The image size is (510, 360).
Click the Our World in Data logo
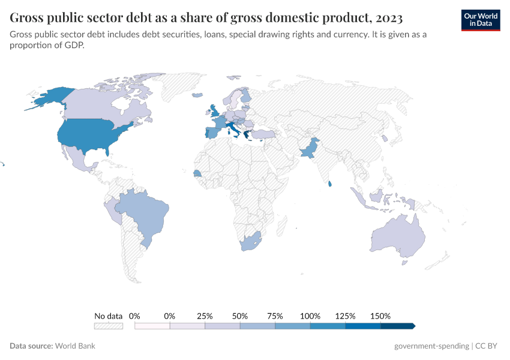pyautogui.click(x=480, y=20)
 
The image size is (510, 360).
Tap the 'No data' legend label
pyautogui.click(x=109, y=316)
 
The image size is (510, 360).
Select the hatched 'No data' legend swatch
pyautogui.click(x=109, y=326)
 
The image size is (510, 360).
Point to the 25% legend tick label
pyautogui.click(x=205, y=316)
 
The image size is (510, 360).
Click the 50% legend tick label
pyautogui.click(x=240, y=316)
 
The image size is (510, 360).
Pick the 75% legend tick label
pyautogui.click(x=275, y=316)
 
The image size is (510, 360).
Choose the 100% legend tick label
pyautogui.click(x=310, y=316)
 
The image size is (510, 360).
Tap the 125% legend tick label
pyautogui.click(x=346, y=316)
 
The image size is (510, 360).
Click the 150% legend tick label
pyautogui.click(x=380, y=316)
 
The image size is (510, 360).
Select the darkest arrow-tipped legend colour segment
pyautogui.click(x=397, y=326)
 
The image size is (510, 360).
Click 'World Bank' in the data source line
pyautogui.click(x=75, y=346)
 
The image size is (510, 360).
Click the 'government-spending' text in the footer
pyautogui.click(x=431, y=346)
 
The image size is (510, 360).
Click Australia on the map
pyautogui.click(x=398, y=237)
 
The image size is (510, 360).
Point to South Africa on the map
pyautogui.click(x=250, y=242)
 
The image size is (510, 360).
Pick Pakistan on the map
pyautogui.click(x=308, y=150)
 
